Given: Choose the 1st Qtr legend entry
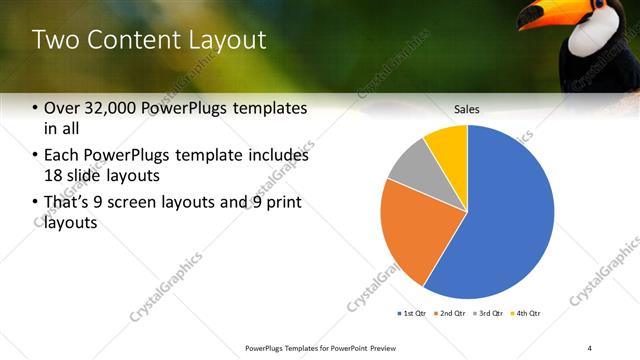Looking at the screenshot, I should click(x=413, y=314).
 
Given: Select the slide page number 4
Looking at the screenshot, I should click(x=589, y=346).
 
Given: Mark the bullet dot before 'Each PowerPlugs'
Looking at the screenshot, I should click(x=36, y=156).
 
